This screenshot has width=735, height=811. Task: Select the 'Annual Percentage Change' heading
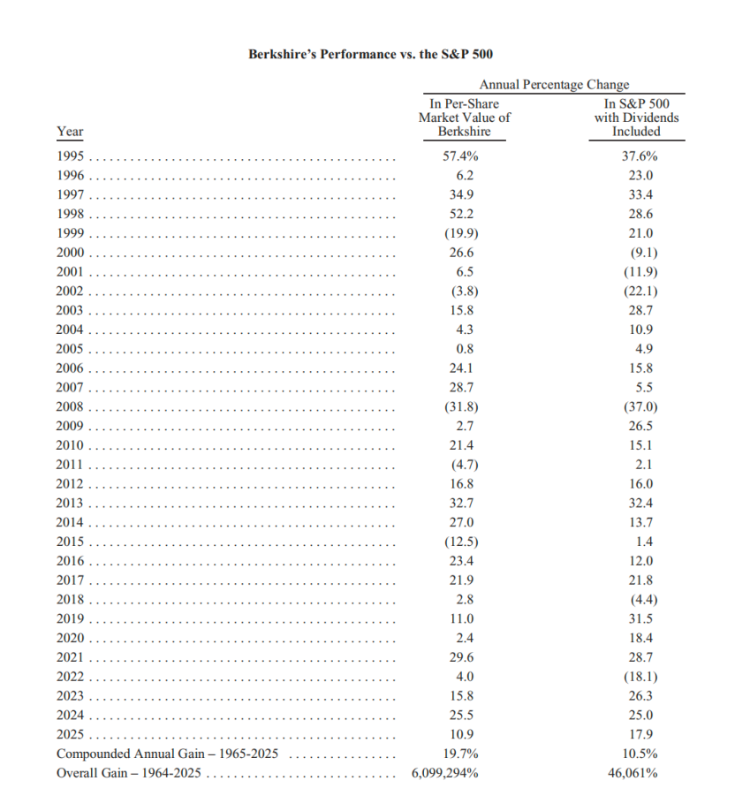554,85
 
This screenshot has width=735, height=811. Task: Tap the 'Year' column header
70,132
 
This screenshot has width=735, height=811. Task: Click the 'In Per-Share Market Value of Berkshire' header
465,117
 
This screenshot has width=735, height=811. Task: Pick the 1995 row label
70,156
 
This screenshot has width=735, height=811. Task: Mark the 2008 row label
70,407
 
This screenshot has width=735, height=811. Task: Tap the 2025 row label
70,734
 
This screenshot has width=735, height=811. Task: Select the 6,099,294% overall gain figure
445,774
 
